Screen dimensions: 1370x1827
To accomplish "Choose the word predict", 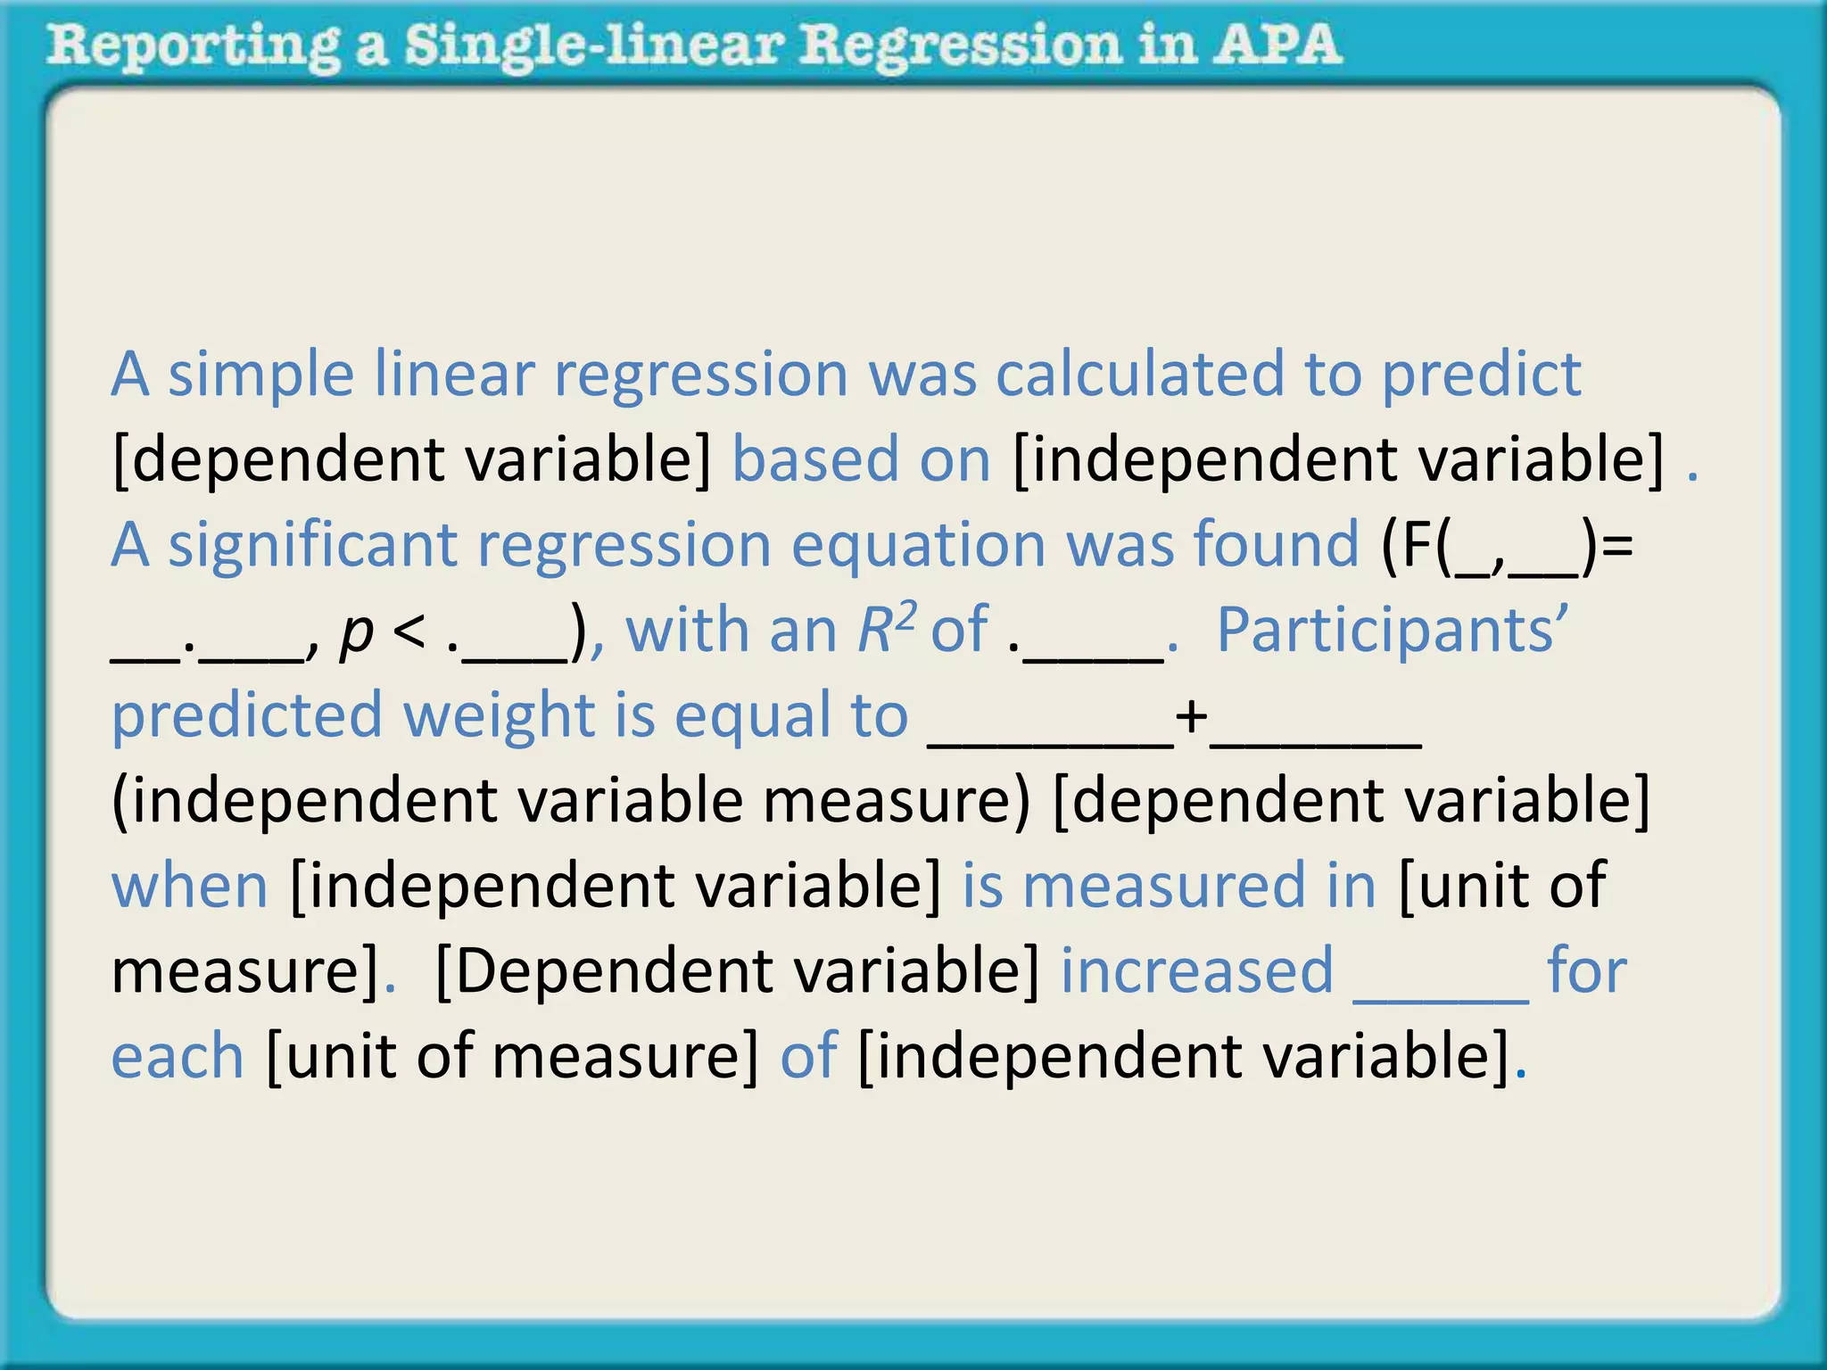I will point(1481,375).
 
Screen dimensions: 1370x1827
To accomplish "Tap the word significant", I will point(312,546).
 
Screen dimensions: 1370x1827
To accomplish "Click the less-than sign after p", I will point(409,631).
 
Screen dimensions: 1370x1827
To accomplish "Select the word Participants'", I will point(1392,631).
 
